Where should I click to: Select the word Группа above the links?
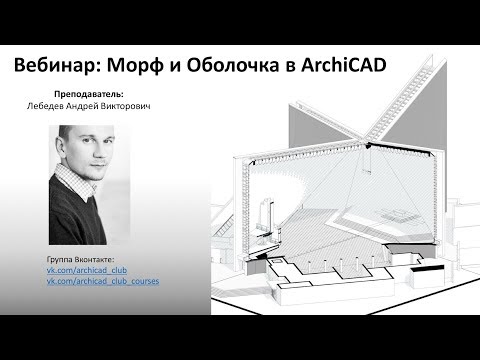tap(62, 260)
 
